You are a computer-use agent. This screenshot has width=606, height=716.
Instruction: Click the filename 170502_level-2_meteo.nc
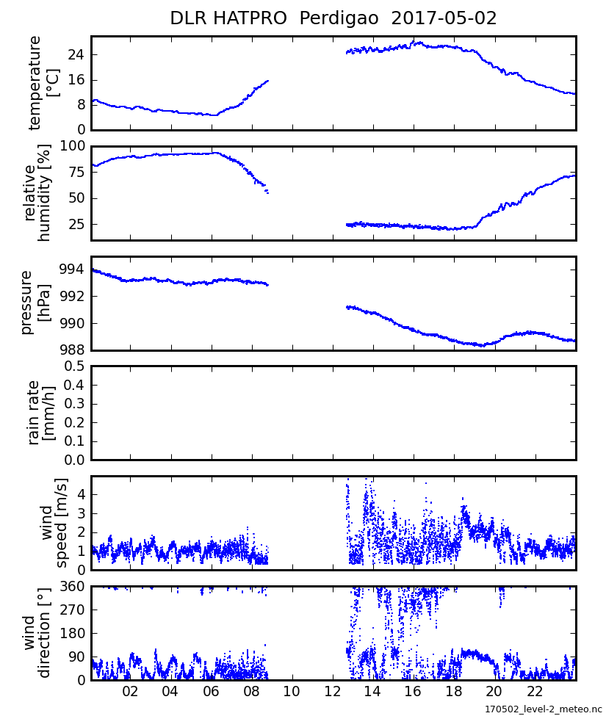543,709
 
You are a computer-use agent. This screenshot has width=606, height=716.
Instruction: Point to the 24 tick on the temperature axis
76,56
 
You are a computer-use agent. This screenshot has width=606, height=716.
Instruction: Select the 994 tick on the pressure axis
73,270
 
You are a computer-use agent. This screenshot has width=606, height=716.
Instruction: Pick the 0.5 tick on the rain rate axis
73,366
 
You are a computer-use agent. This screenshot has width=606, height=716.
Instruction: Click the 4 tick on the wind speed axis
81,494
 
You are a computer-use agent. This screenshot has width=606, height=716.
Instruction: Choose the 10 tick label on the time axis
292,693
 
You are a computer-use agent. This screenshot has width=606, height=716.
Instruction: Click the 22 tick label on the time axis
535,693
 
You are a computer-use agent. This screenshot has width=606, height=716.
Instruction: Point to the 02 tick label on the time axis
130,693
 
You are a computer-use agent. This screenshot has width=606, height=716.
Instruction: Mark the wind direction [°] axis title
37,633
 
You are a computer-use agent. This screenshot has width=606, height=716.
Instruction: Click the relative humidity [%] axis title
37,192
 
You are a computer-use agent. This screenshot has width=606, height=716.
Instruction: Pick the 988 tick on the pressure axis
73,350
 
